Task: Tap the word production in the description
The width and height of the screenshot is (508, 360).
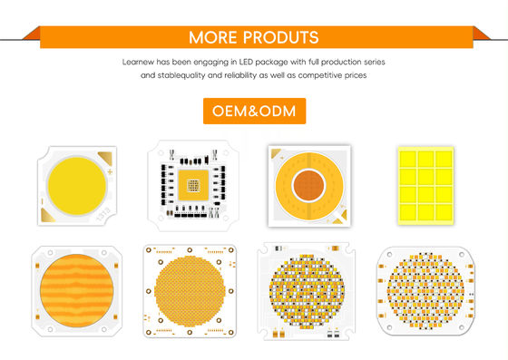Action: pos(328,61)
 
